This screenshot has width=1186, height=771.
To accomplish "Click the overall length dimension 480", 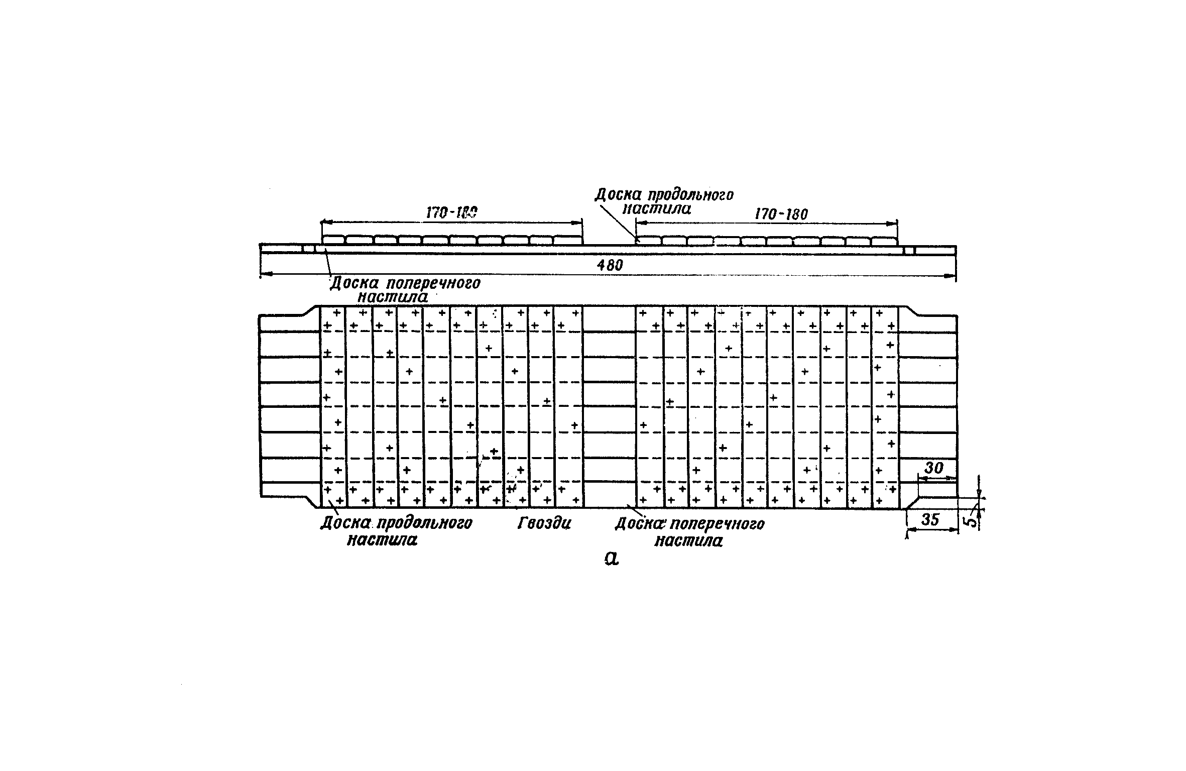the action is coord(610,265).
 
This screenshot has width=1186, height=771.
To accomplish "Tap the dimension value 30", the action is coord(933,468).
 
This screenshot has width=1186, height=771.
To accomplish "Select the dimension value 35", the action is coord(930,519).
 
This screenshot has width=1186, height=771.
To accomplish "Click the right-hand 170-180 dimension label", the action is coord(781,214).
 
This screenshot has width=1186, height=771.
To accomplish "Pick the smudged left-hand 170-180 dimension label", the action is coord(451,213).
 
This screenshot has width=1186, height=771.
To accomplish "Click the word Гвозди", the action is coord(544,524).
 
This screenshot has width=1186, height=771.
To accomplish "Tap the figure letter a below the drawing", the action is coord(611,558).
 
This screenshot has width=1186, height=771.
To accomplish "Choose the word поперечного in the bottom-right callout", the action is coord(717,524).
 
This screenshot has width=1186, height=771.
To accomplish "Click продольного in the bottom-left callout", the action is coord(424,523).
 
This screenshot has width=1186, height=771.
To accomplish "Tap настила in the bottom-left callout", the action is coord(382,540).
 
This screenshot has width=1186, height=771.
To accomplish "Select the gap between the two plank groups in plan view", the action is coord(609,407).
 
